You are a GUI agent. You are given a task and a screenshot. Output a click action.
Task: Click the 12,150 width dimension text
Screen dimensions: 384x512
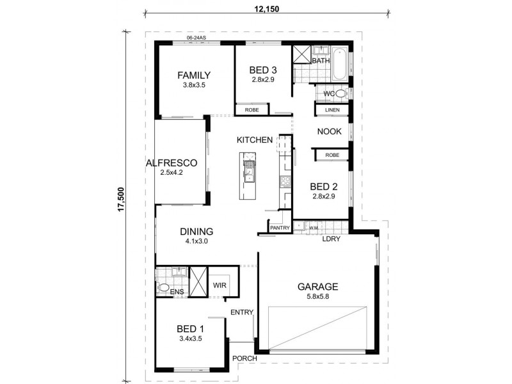pyautogui.click(x=266, y=10)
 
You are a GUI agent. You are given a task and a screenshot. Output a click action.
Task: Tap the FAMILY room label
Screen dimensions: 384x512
pyautogui.click(x=194, y=75)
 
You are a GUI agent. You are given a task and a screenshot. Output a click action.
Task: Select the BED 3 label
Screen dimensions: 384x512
pyautogui.click(x=262, y=70)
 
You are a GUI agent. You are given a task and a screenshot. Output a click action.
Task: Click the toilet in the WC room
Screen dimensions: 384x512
pyautogui.click(x=340, y=94)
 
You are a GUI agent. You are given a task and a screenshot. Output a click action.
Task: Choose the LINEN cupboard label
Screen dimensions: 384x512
pyautogui.click(x=332, y=110)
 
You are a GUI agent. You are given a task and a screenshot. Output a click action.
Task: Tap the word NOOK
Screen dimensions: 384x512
pyautogui.click(x=330, y=132)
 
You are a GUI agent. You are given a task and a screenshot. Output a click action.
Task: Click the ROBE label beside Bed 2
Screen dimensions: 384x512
pyautogui.click(x=332, y=155)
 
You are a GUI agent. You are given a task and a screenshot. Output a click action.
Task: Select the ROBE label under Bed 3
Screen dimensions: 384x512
pyautogui.click(x=252, y=111)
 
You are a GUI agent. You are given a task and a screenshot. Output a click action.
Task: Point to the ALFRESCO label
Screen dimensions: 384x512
pyautogui.click(x=171, y=163)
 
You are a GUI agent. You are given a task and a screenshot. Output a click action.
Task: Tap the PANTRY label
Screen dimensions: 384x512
pyautogui.click(x=280, y=228)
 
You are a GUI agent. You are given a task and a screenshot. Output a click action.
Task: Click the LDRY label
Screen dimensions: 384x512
pyautogui.click(x=332, y=240)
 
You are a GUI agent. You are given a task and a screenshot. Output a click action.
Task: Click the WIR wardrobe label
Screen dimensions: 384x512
pyautogui.click(x=220, y=285)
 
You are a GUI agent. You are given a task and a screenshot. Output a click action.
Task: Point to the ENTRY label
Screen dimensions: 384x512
pyautogui.click(x=243, y=312)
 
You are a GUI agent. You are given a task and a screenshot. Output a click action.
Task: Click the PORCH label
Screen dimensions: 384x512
pyautogui.click(x=245, y=358)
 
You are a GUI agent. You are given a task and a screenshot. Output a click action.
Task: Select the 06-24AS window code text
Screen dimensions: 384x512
pyautogui.click(x=196, y=38)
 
